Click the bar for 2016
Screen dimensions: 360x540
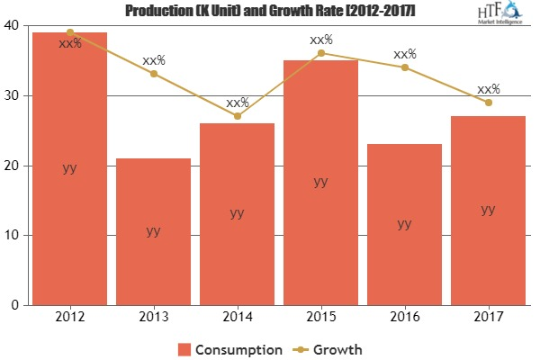click(x=404, y=224)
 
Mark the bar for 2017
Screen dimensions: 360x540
click(x=487, y=211)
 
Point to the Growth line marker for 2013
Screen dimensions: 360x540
click(x=153, y=74)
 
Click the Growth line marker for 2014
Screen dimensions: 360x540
click(x=237, y=116)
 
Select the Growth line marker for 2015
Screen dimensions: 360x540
click(x=320, y=53)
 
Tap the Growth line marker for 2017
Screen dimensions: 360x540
click(x=487, y=103)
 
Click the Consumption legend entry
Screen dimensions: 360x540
click(x=230, y=348)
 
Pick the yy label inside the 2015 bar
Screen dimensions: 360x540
click(x=320, y=182)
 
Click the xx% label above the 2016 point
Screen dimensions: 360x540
click(x=405, y=54)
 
